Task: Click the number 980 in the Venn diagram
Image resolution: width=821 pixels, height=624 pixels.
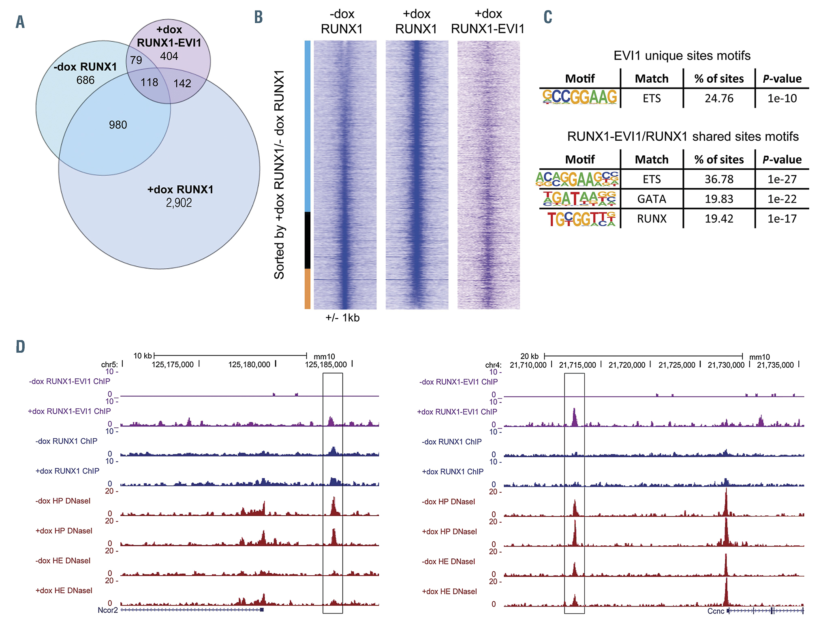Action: [118, 125]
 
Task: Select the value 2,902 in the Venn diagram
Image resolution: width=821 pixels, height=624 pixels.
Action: [179, 203]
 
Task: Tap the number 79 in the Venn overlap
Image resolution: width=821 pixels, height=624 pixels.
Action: [136, 60]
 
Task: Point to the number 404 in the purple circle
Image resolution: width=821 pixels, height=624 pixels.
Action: [169, 56]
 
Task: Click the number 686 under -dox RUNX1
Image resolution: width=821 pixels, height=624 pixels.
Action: [85, 80]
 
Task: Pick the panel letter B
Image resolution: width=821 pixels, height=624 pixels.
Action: [259, 17]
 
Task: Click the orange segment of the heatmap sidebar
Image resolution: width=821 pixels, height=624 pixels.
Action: [308, 289]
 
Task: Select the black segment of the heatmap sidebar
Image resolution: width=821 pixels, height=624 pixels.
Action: [308, 240]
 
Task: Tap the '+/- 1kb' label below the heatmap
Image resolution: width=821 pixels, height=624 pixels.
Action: [342, 318]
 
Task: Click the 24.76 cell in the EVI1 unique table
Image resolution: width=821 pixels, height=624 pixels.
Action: [719, 99]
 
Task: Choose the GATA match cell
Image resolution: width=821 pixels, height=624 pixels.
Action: [651, 199]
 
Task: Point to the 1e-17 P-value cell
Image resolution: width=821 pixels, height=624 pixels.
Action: [782, 219]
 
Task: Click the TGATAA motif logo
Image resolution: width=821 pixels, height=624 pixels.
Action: [579, 199]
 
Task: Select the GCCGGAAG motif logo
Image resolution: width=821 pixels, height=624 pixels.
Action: [579, 97]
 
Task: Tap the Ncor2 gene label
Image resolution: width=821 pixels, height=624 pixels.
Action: [108, 610]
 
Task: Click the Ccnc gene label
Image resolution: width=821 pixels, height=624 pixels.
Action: [716, 611]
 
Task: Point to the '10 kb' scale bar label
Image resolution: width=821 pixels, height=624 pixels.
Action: [143, 356]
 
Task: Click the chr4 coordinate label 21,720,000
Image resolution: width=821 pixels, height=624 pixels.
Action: [626, 365]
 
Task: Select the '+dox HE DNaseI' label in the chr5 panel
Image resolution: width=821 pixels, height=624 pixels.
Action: [64, 591]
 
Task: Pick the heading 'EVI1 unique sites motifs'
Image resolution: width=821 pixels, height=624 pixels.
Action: [682, 56]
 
